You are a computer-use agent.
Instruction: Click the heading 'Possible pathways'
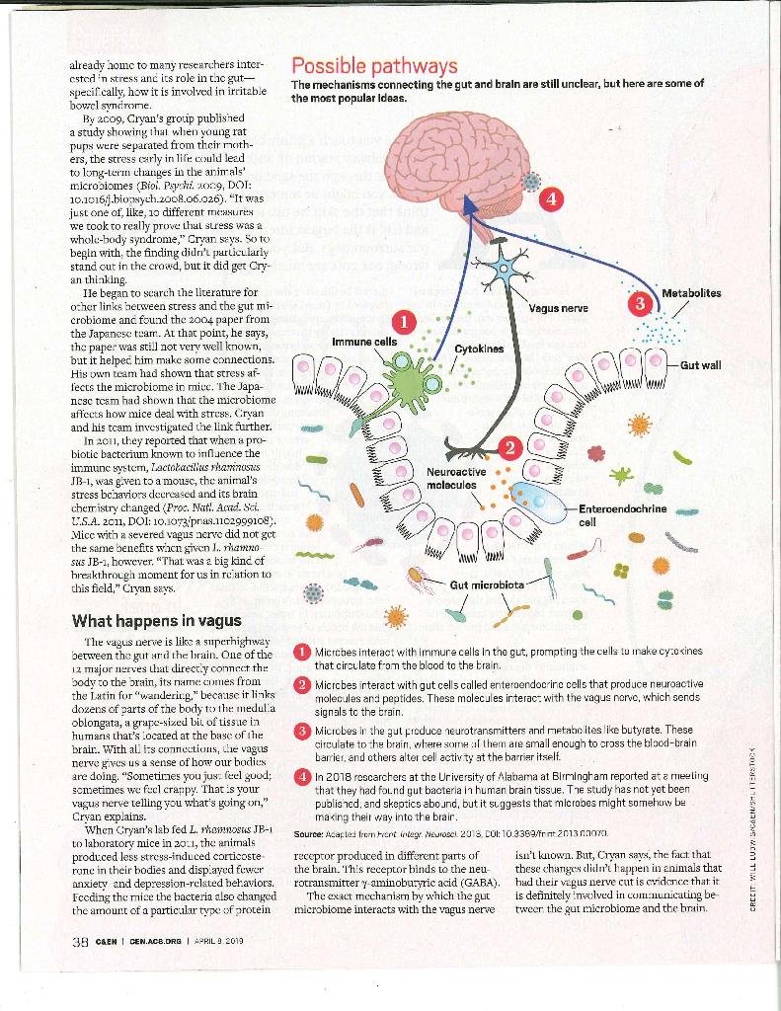(x=374, y=66)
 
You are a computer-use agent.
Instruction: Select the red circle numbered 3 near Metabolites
(x=640, y=303)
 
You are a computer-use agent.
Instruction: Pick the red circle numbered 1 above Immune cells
(x=404, y=322)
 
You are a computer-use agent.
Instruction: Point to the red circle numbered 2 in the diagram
(x=509, y=447)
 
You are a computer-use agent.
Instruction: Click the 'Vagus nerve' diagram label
(x=559, y=308)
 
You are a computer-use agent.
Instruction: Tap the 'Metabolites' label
(x=691, y=293)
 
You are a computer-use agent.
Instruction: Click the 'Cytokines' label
(x=479, y=350)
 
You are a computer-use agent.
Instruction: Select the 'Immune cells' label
(x=364, y=341)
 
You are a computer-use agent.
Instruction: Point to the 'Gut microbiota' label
(x=487, y=584)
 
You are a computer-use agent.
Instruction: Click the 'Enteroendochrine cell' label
(x=622, y=515)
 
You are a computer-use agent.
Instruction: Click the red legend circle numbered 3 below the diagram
(x=303, y=732)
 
